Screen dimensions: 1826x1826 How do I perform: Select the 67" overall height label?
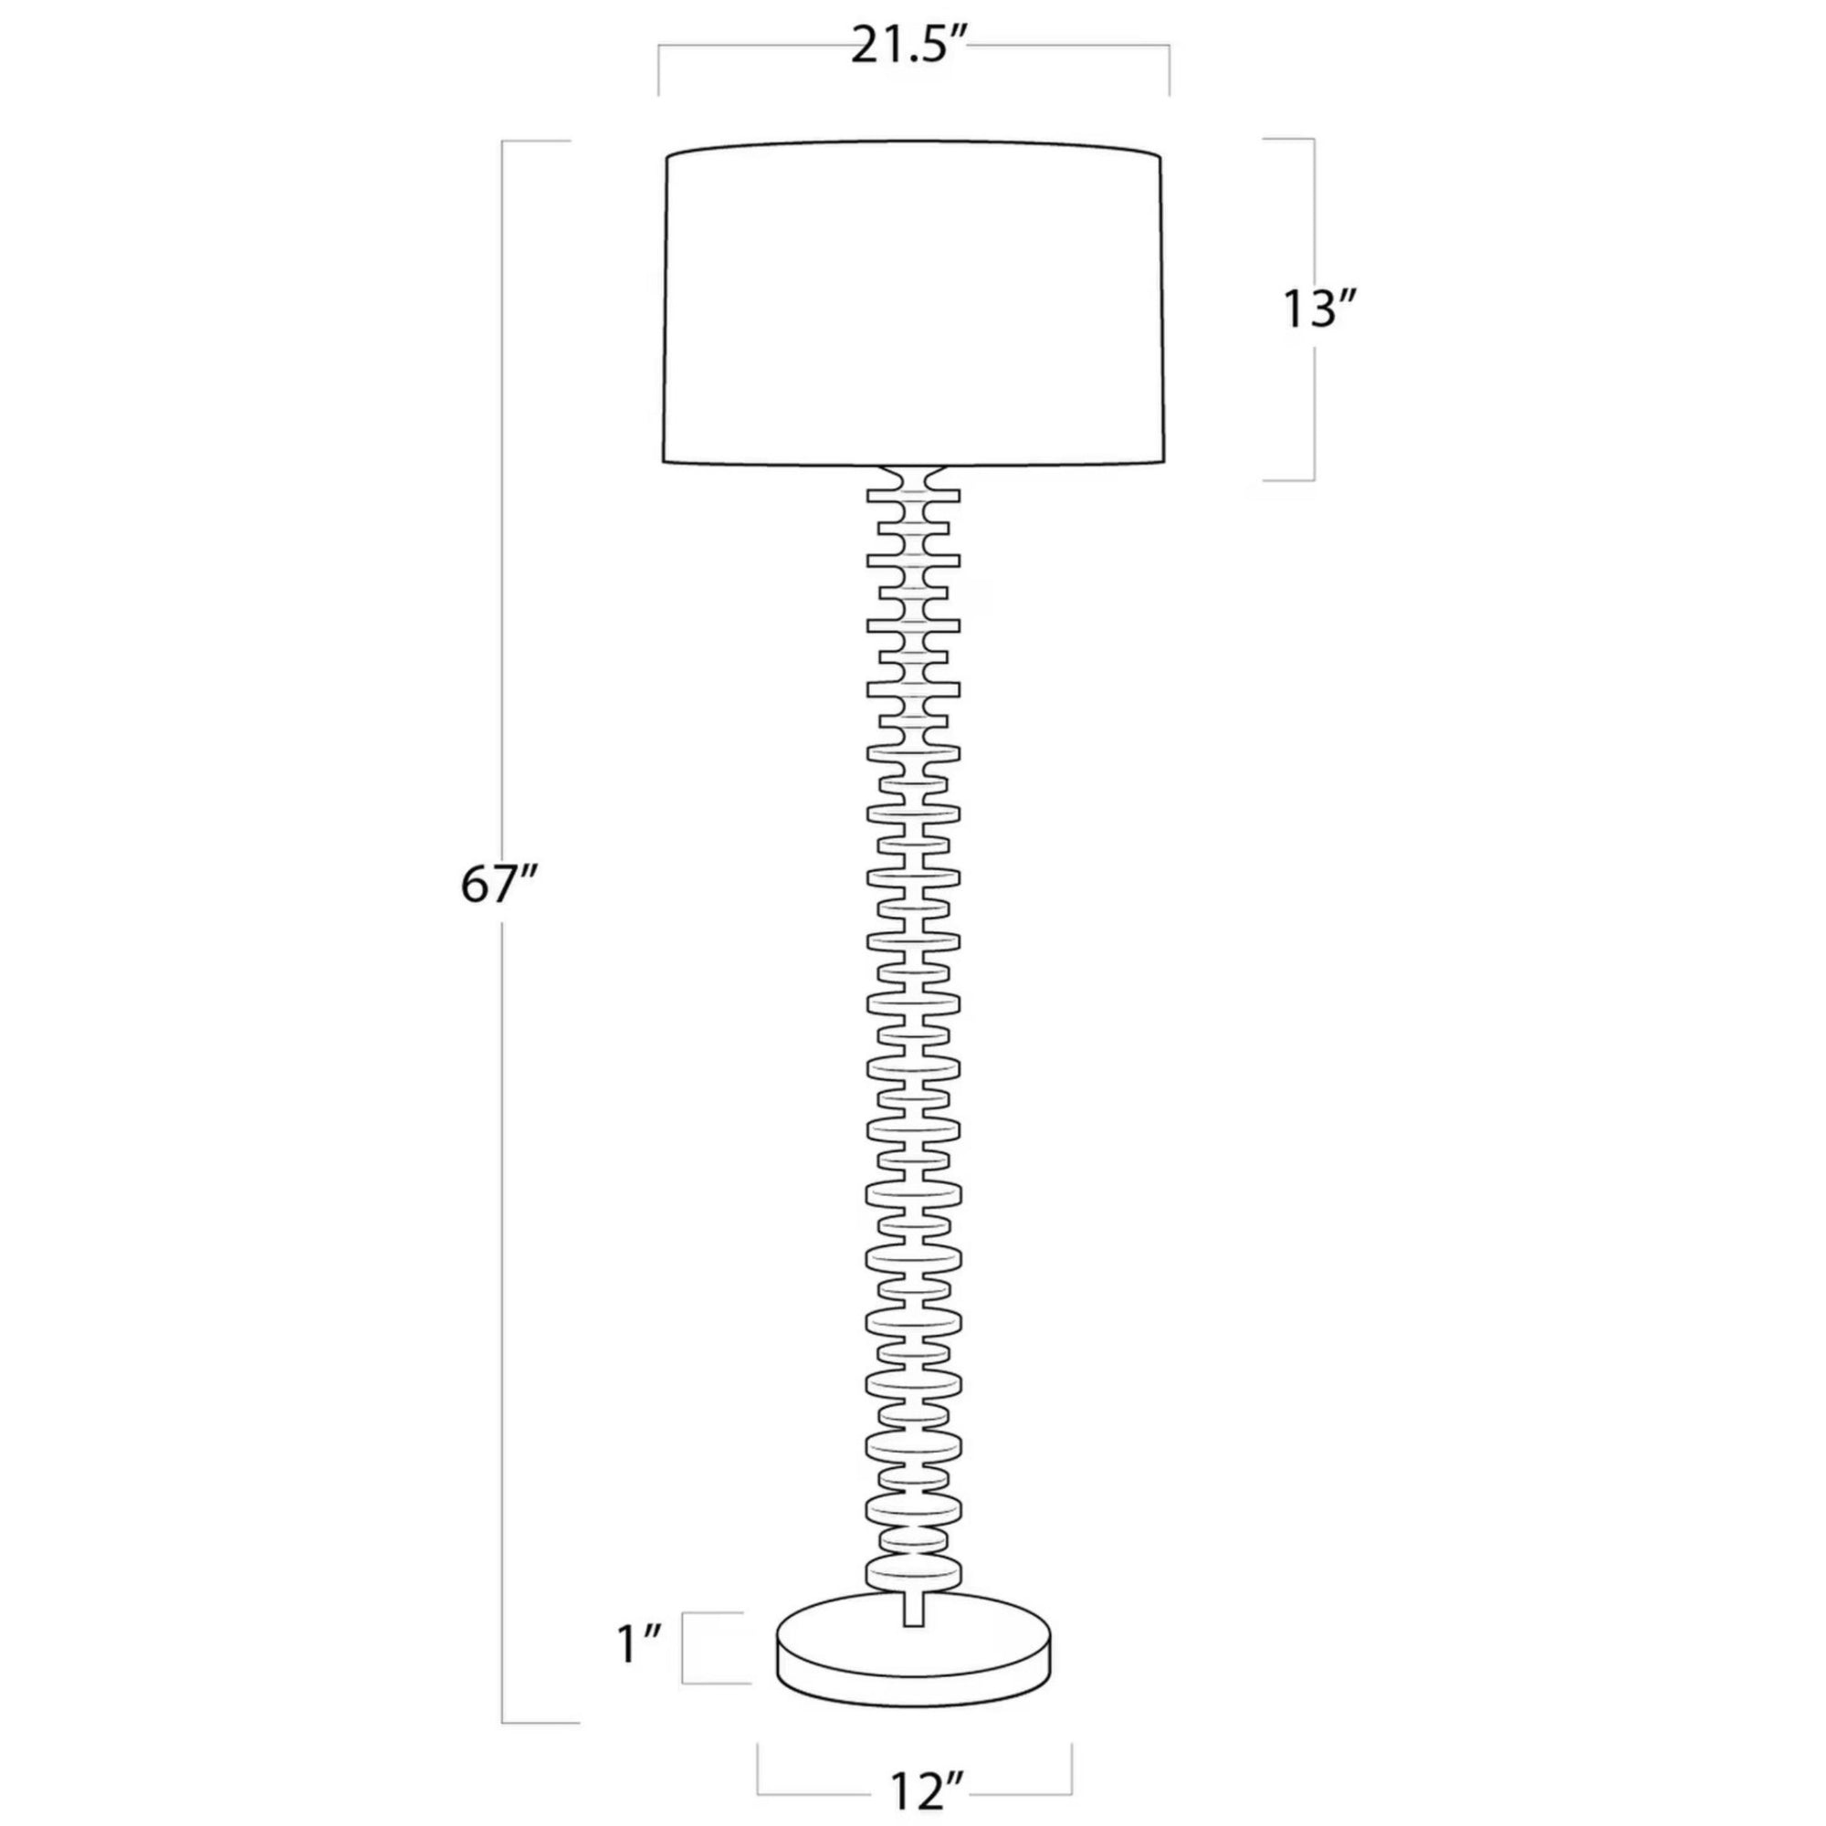[498, 886]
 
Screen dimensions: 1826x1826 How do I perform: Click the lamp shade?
[913, 303]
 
